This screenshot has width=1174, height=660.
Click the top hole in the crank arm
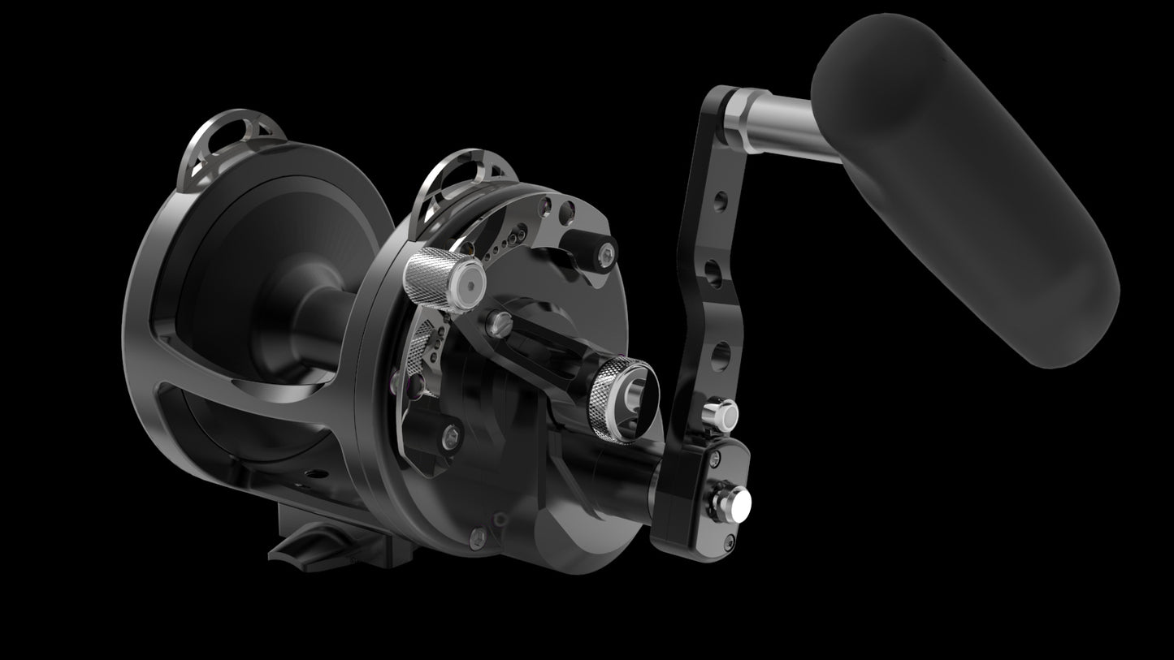point(720,200)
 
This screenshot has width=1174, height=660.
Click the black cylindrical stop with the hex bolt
point(590,248)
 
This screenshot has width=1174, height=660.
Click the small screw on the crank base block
point(714,460)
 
